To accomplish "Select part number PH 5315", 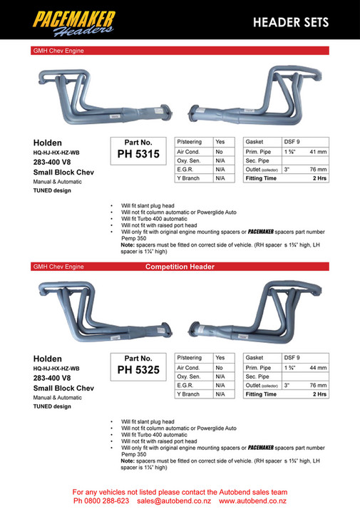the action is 138,153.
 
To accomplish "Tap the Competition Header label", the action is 180,267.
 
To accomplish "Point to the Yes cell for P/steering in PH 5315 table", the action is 220,141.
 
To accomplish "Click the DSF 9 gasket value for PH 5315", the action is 292,141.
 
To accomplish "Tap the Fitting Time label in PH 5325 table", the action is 261,394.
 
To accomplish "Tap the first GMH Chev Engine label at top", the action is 58,51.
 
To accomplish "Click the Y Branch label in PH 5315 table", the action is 189,178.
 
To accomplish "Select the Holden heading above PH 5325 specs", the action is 47,358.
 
